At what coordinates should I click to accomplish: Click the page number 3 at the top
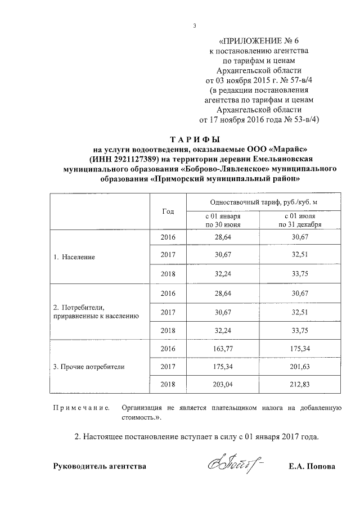pyautogui.click(x=194, y=25)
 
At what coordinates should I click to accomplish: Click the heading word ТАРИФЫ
pyautogui.click(x=194, y=139)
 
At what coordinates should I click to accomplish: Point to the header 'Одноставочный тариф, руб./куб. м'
pyautogui.click(x=263, y=202)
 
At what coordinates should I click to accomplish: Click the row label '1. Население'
pyautogui.click(x=74, y=257)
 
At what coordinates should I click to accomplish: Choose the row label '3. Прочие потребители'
pyautogui.click(x=88, y=366)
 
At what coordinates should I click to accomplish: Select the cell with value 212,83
pyautogui.click(x=301, y=384)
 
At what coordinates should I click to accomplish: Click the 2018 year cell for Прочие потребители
pyautogui.click(x=168, y=384)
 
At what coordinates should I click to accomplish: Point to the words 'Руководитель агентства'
pyautogui.click(x=100, y=467)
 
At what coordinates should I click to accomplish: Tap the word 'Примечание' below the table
pyautogui.click(x=81, y=408)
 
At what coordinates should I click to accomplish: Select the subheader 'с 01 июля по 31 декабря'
pyautogui.click(x=301, y=220)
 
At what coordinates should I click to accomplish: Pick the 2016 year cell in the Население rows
pyautogui.click(x=168, y=238)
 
